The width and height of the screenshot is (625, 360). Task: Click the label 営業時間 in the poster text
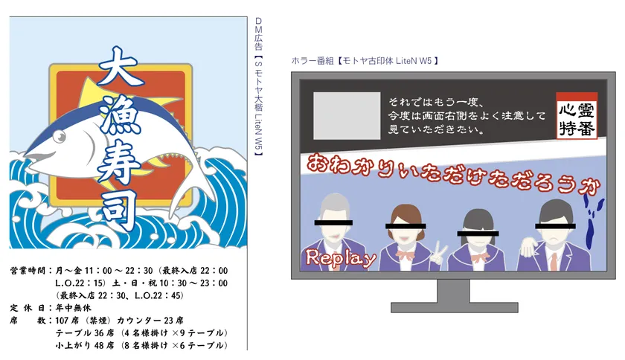point(29,271)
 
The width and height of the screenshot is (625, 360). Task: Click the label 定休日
point(29,307)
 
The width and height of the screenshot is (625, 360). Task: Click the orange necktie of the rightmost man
point(554,260)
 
